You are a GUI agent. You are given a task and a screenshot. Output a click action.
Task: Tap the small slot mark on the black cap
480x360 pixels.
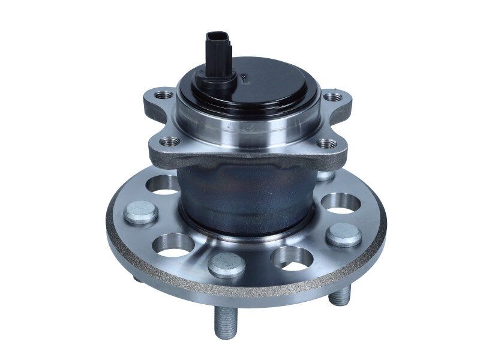click(245, 77)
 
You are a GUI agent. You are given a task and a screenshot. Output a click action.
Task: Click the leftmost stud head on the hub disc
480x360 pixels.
click(142, 214)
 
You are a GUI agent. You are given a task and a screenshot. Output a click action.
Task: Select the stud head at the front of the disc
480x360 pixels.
click(227, 264)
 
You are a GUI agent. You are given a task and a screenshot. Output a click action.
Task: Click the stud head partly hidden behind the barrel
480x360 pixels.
click(325, 175)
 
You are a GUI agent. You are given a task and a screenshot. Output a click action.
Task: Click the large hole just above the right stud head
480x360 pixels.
click(340, 202)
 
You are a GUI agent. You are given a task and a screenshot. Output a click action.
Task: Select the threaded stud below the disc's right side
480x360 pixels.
click(340, 294)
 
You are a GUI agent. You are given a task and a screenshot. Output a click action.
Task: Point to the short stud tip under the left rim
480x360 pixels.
click(137, 278)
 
